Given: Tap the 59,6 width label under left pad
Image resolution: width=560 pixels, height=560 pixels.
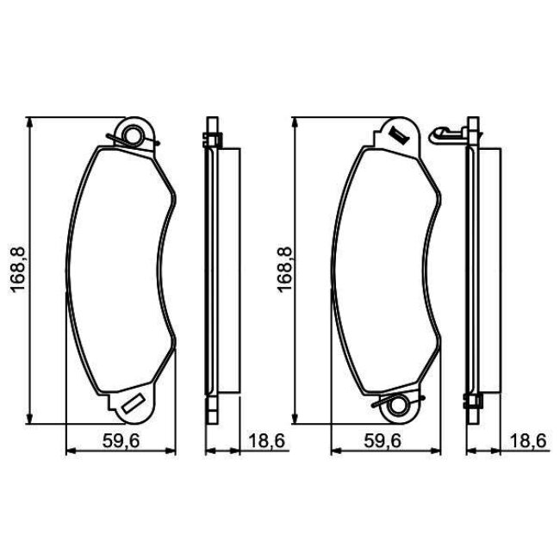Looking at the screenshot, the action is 121,441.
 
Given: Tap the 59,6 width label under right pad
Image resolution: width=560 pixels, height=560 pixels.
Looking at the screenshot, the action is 383,441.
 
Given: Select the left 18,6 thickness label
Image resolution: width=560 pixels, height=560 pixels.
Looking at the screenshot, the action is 266,441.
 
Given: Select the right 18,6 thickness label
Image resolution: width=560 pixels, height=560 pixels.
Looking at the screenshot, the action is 528,441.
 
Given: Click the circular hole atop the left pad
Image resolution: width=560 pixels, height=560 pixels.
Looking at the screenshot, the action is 132,135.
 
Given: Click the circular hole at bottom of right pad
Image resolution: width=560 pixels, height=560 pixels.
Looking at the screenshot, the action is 397,406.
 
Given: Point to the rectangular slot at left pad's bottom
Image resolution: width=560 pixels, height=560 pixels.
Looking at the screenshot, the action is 132,403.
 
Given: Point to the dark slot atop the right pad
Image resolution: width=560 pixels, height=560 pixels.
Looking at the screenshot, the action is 399,136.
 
